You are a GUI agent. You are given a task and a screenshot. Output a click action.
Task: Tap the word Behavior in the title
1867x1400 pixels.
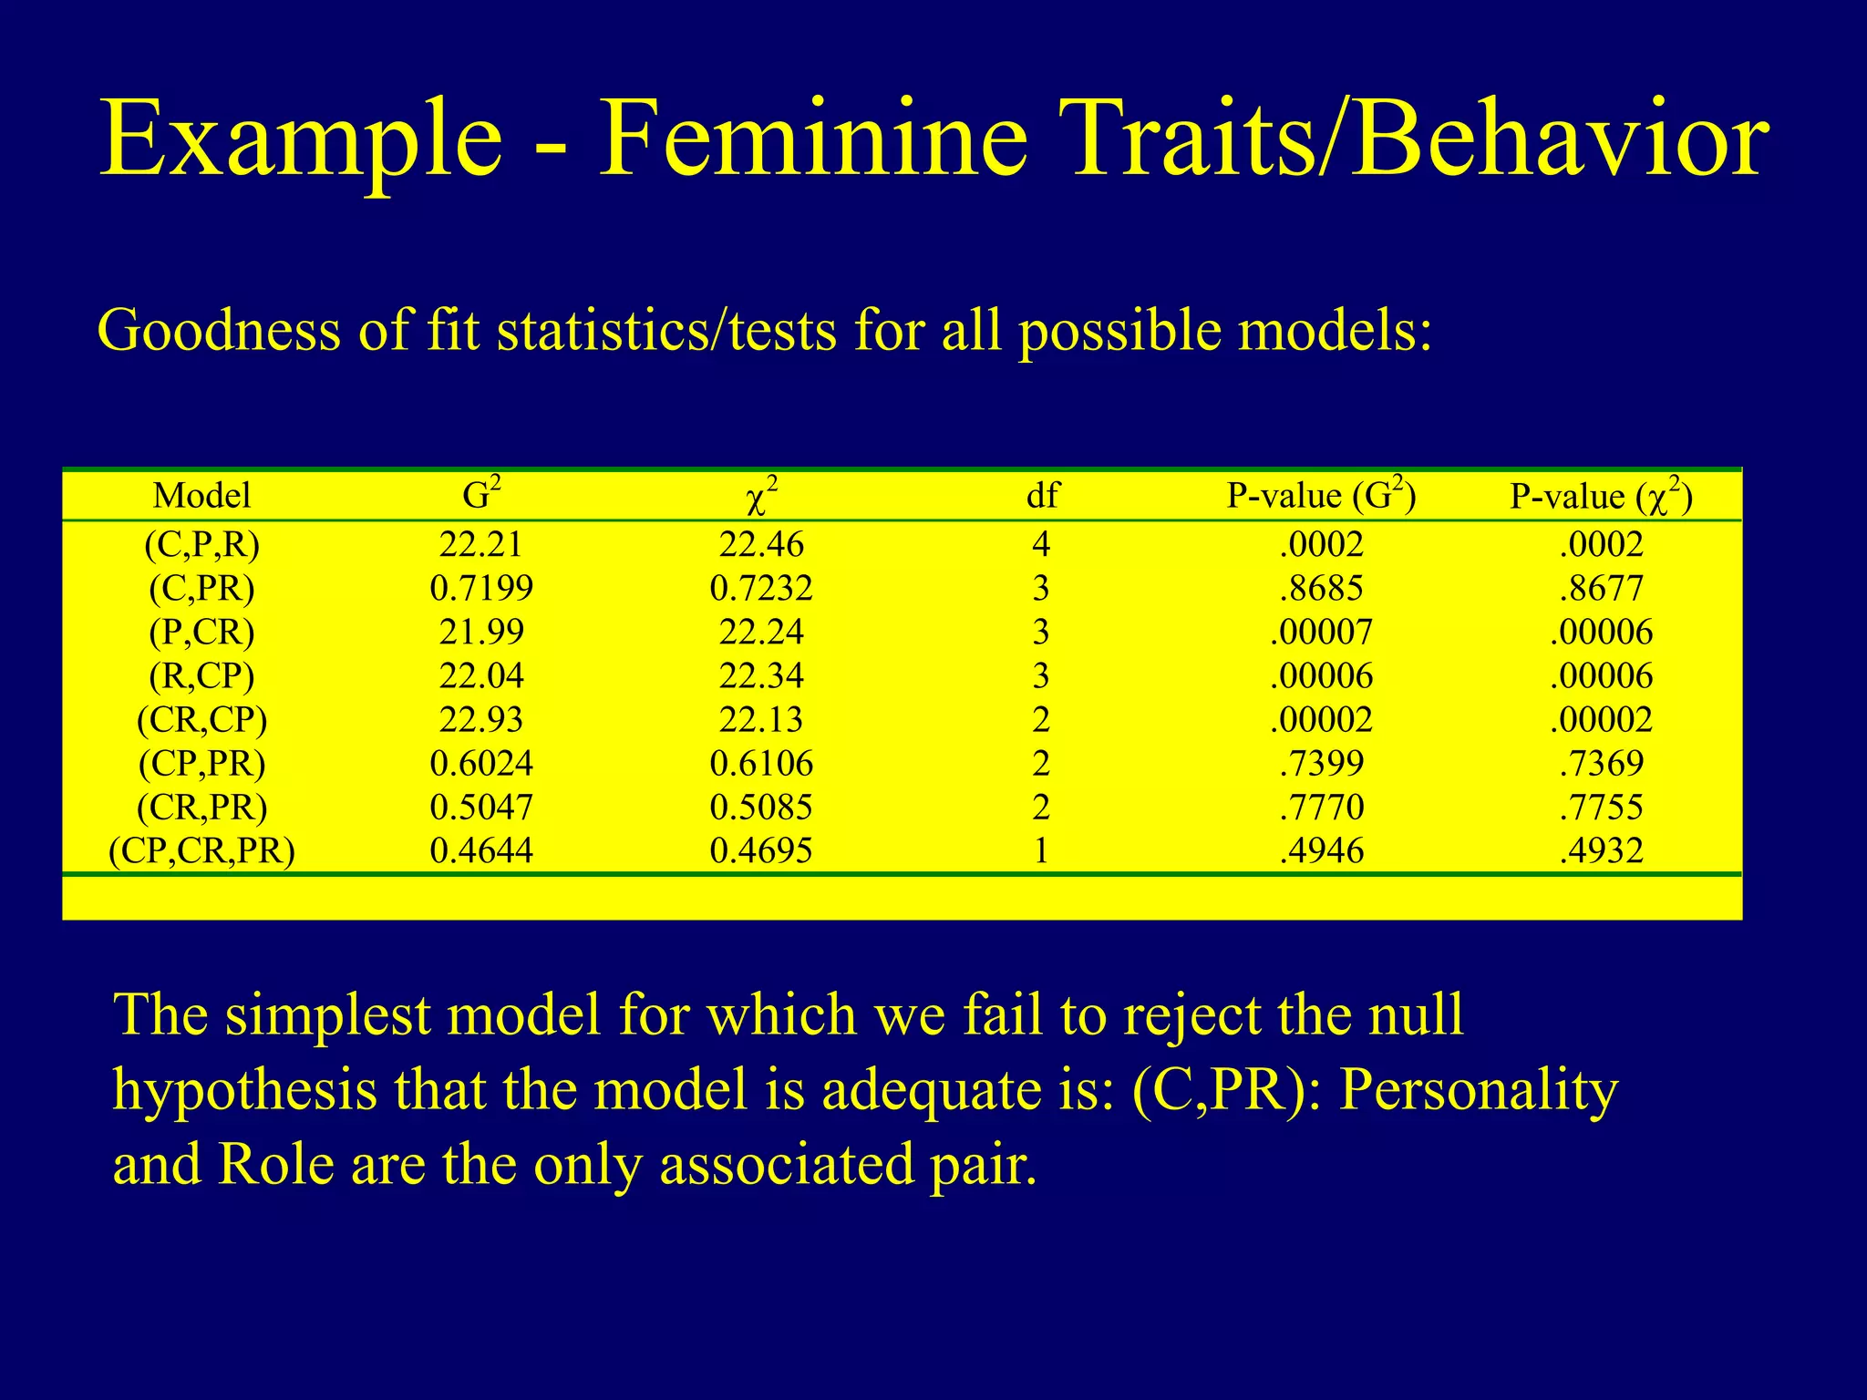click(x=1560, y=139)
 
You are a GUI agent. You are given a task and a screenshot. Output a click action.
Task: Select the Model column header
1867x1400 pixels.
click(x=201, y=496)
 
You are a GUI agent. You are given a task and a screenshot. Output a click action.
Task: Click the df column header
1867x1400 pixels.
click(x=1042, y=496)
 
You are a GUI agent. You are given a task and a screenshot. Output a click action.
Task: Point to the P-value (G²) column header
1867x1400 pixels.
click(x=1321, y=495)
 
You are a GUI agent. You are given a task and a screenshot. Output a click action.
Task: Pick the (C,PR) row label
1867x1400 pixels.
click(x=201, y=589)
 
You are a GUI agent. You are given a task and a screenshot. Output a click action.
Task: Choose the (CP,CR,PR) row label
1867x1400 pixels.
click(x=201, y=851)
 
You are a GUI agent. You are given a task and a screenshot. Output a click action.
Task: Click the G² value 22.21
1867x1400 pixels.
click(x=481, y=545)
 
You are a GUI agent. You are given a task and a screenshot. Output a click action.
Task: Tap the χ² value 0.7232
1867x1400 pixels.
click(x=761, y=589)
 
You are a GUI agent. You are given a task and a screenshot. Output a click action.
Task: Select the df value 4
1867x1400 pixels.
click(x=1041, y=545)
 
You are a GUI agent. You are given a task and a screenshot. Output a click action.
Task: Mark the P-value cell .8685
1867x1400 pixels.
click(x=1322, y=589)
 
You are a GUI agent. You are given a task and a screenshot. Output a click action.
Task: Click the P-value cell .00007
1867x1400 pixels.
click(x=1322, y=633)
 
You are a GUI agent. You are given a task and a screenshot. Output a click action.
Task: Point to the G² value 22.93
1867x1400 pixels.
click(x=481, y=720)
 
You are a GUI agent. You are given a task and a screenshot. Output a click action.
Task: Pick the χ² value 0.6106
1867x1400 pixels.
click(x=761, y=764)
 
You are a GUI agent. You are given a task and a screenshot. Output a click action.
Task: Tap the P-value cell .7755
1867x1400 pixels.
click(x=1602, y=808)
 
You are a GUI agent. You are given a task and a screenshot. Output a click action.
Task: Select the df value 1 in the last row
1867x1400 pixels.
click(x=1041, y=851)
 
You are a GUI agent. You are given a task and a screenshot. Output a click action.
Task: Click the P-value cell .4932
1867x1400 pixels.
click(x=1602, y=851)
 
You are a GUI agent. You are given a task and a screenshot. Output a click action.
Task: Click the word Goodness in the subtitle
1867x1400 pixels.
click(x=219, y=330)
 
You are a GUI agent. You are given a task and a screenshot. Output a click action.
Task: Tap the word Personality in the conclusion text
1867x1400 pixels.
click(x=1479, y=1090)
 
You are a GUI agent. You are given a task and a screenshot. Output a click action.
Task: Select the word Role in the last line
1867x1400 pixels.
click(x=275, y=1165)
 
